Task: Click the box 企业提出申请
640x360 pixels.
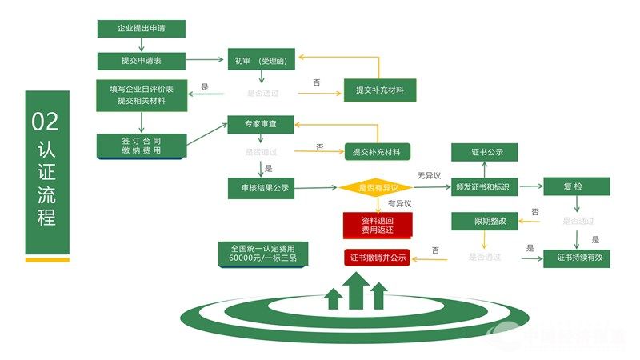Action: click(x=142, y=29)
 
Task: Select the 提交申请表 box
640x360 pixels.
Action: click(x=142, y=61)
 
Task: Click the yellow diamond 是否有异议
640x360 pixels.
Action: click(x=374, y=188)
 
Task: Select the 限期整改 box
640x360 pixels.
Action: click(x=485, y=221)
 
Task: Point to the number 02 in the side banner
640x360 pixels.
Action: click(x=46, y=122)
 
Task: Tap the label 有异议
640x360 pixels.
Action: click(x=398, y=204)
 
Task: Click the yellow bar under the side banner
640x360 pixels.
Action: click(x=47, y=259)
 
